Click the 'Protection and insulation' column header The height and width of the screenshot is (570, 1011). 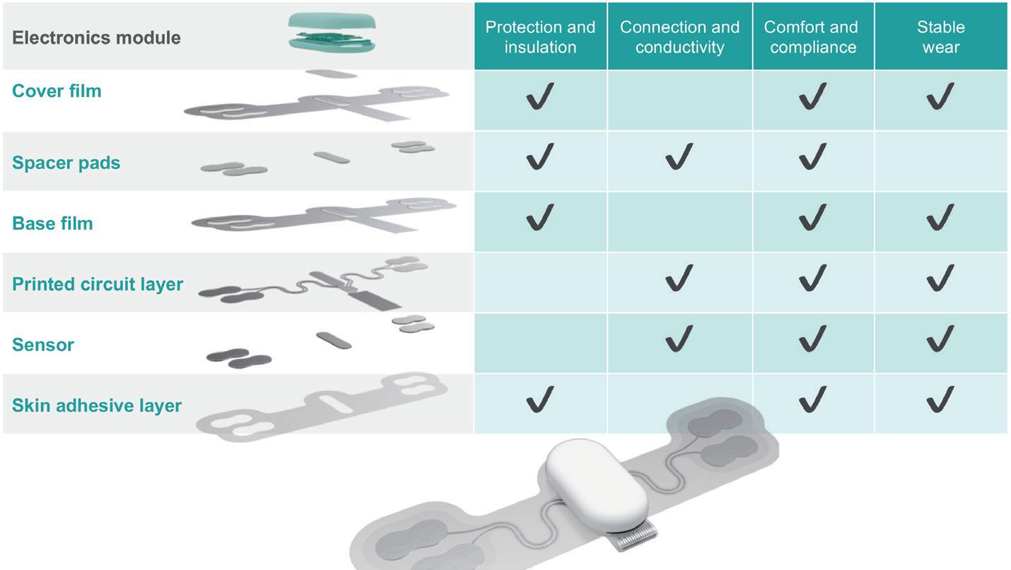(540, 37)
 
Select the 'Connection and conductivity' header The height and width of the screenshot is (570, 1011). (679, 37)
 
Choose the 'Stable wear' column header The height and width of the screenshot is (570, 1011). (940, 37)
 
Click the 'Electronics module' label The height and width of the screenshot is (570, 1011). (96, 37)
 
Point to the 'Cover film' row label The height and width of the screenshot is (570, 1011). (57, 91)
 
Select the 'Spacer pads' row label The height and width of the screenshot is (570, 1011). (66, 163)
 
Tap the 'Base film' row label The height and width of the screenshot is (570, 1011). (52, 223)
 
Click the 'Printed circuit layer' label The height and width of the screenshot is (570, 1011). (98, 284)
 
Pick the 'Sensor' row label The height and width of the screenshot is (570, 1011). (43, 345)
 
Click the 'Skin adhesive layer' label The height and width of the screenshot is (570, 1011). (97, 406)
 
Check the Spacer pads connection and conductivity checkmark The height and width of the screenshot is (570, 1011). (679, 156)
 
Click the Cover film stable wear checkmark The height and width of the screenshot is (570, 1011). (940, 96)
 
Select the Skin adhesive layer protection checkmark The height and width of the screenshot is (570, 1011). (539, 400)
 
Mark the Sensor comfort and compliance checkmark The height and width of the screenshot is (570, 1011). (812, 339)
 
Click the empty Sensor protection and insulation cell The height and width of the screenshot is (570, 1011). (540, 344)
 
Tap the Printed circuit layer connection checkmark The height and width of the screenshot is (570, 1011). (679, 278)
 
